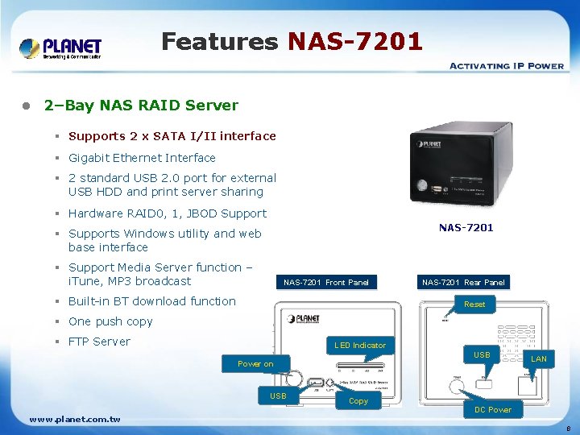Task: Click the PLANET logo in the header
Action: click(60, 48)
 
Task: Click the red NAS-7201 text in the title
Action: click(354, 41)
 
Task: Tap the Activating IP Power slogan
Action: click(506, 65)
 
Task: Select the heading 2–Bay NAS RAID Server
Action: click(141, 106)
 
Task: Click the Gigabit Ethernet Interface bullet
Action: click(142, 158)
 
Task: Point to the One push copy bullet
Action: click(110, 321)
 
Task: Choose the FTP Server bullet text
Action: click(99, 342)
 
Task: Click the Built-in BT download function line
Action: click(152, 301)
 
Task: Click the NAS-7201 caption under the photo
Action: click(466, 228)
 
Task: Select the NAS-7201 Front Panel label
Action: click(326, 283)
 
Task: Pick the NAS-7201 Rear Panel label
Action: click(463, 283)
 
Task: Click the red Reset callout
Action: click(474, 304)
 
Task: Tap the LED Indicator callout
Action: click(360, 346)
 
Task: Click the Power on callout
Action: click(255, 364)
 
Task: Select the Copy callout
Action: click(358, 400)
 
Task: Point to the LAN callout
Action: click(539, 359)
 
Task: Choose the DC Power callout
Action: click(493, 410)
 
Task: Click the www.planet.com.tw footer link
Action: click(75, 419)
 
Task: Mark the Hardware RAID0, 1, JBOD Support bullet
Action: click(167, 213)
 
